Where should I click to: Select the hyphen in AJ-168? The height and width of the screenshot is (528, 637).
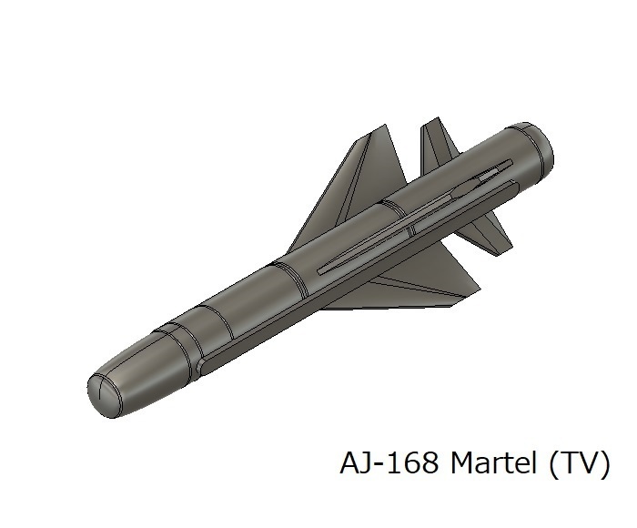click(379, 466)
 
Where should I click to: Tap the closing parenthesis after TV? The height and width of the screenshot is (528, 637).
click(602, 464)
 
